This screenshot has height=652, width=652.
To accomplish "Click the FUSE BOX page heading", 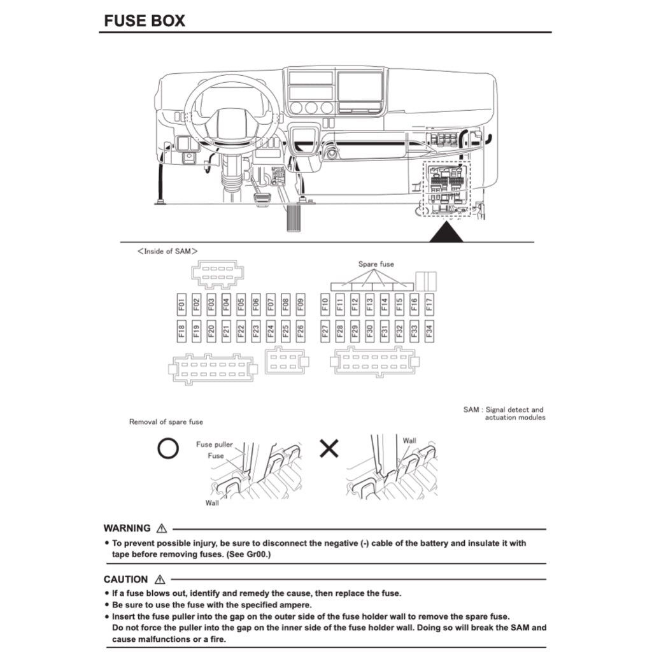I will [x=145, y=20].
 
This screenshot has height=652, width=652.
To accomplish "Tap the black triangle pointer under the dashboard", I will [x=446, y=232].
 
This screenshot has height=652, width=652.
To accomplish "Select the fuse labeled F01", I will [x=181, y=305].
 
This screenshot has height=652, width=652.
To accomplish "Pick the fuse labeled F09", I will [x=301, y=305].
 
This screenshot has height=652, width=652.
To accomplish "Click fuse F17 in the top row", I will [x=429, y=305].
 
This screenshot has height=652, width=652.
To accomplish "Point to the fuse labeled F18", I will [x=181, y=331].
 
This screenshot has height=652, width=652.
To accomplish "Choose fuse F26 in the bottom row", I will [x=301, y=331].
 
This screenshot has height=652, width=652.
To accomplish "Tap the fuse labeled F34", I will [x=429, y=331].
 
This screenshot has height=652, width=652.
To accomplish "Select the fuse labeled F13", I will [x=369, y=305].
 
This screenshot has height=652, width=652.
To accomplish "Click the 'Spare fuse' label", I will [x=376, y=264].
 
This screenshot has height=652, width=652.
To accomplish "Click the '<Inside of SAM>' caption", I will [x=167, y=252].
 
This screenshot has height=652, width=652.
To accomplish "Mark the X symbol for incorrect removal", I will [x=329, y=450].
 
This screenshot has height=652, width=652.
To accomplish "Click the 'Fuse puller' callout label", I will [x=214, y=444].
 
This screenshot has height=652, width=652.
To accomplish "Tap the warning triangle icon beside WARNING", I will [x=161, y=528].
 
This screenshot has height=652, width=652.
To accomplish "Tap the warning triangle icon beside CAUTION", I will [x=159, y=579].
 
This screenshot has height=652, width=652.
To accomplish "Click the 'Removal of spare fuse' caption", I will [x=166, y=422].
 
